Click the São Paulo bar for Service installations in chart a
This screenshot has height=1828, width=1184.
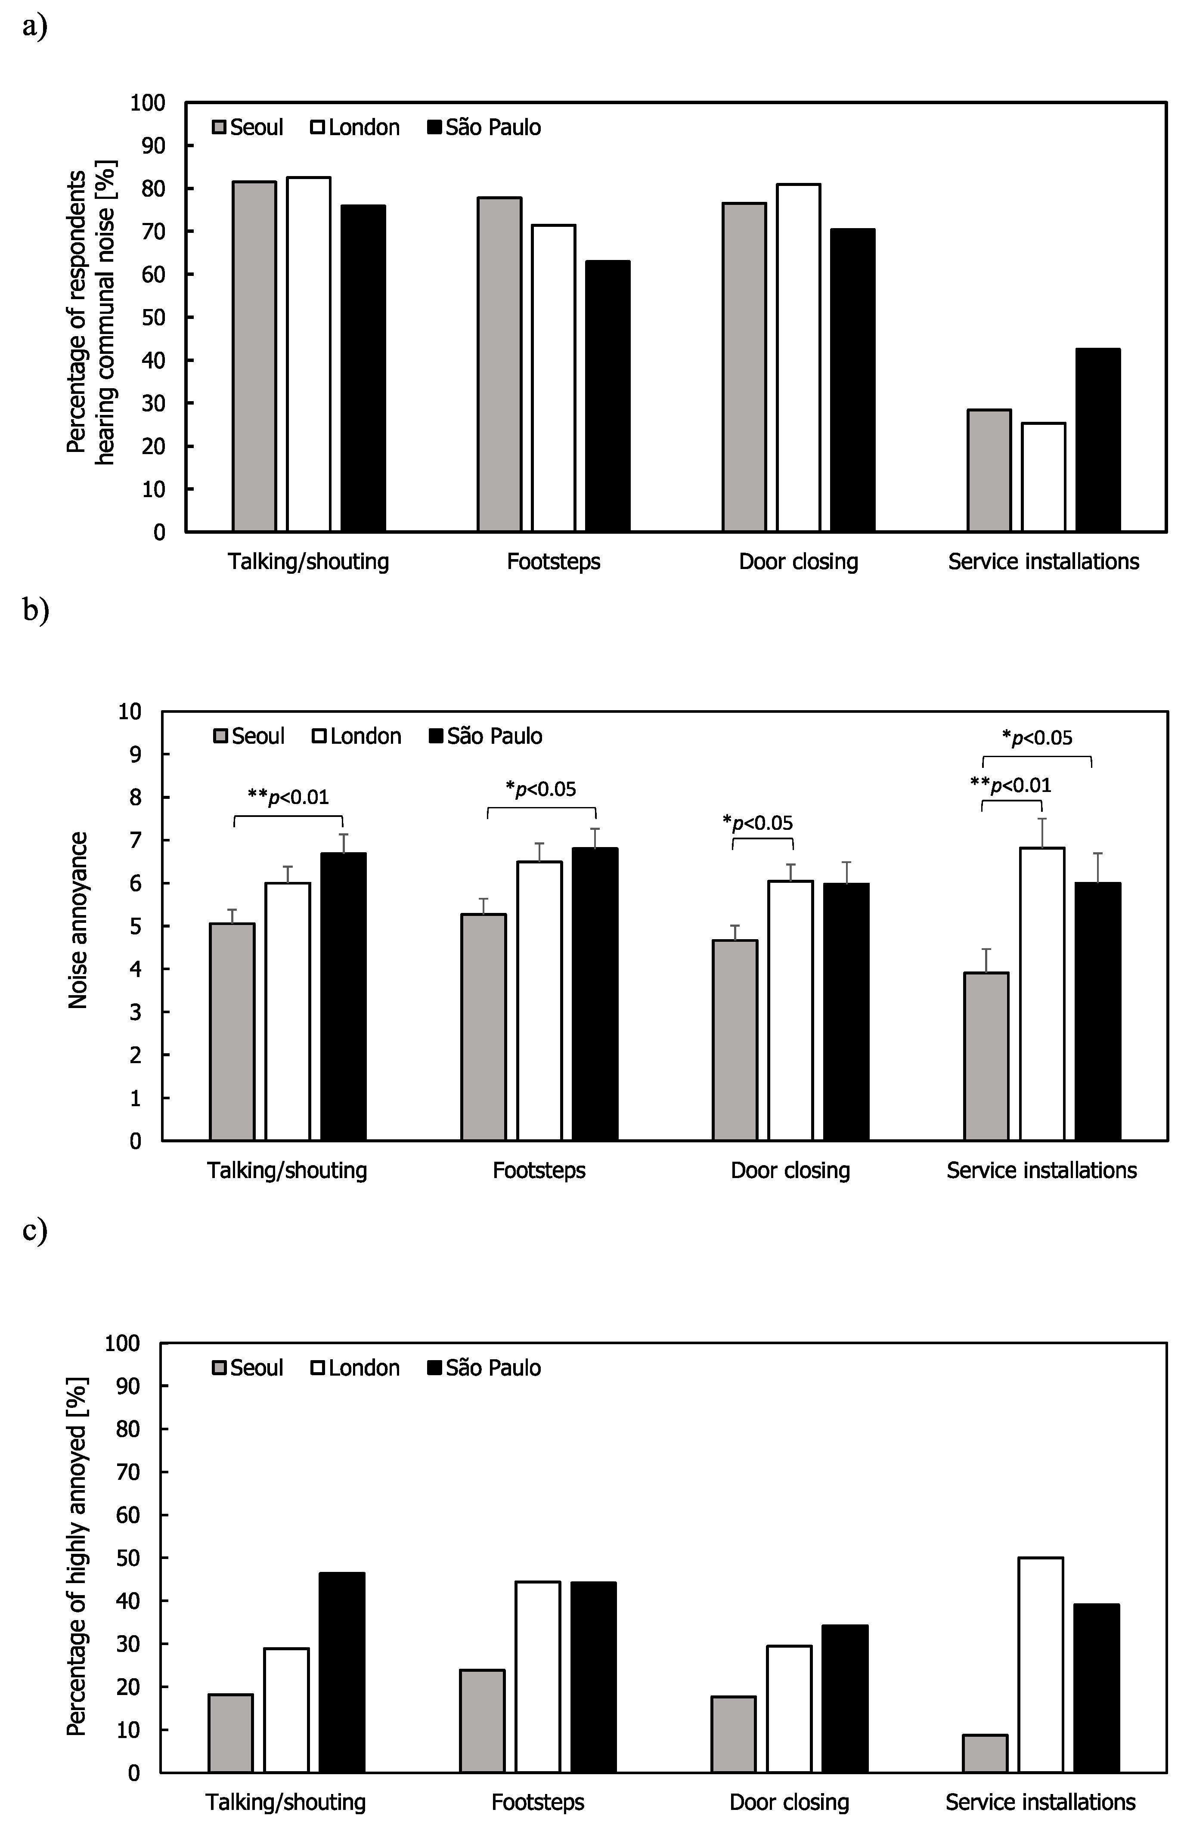pyautogui.click(x=1097, y=440)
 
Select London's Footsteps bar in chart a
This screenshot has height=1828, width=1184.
pyautogui.click(x=553, y=378)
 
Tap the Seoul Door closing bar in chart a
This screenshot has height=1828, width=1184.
pyautogui.click(x=744, y=367)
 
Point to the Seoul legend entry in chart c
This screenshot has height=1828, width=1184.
pyautogui.click(x=248, y=1368)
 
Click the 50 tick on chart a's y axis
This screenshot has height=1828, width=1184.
pyautogui.click(x=154, y=317)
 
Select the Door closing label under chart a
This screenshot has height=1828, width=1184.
pyautogui.click(x=798, y=561)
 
